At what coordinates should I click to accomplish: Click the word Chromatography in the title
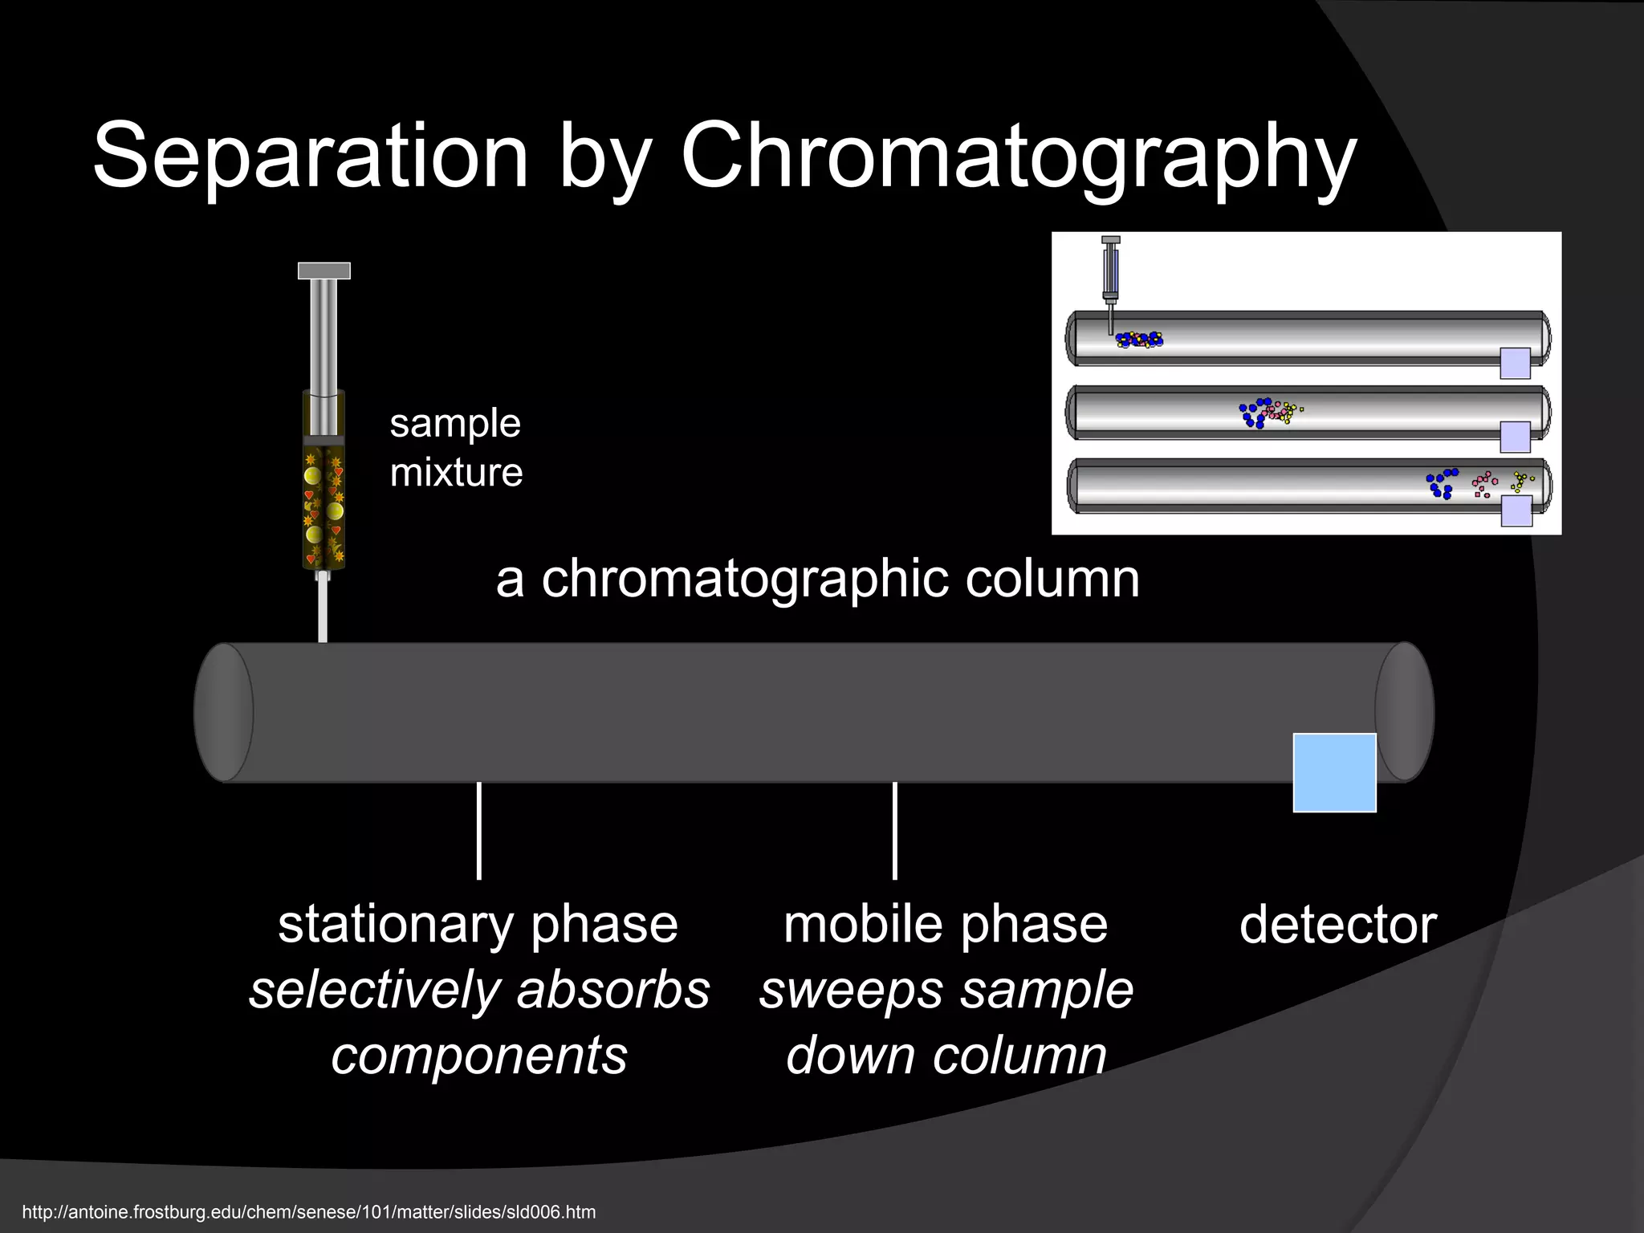(x=1018, y=157)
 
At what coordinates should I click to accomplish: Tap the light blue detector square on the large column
(x=1334, y=772)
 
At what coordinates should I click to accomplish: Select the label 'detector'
(x=1337, y=925)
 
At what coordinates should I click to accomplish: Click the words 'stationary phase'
(x=478, y=925)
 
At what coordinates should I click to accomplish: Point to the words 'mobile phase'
(x=945, y=925)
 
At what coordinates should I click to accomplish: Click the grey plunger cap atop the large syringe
(x=324, y=271)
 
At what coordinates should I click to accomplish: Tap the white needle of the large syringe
(x=323, y=610)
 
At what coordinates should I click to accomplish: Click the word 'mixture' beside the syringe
(x=456, y=472)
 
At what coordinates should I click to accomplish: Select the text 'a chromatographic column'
(x=817, y=579)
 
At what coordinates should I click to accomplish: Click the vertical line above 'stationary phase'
(x=479, y=831)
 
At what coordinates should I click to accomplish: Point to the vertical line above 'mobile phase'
(x=895, y=831)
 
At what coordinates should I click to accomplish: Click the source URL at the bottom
(x=309, y=1211)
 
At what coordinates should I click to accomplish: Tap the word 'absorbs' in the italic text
(x=613, y=990)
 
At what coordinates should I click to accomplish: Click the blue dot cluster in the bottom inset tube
(x=1442, y=484)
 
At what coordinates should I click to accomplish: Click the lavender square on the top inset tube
(x=1515, y=363)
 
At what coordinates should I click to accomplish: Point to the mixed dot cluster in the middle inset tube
(x=1268, y=413)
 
